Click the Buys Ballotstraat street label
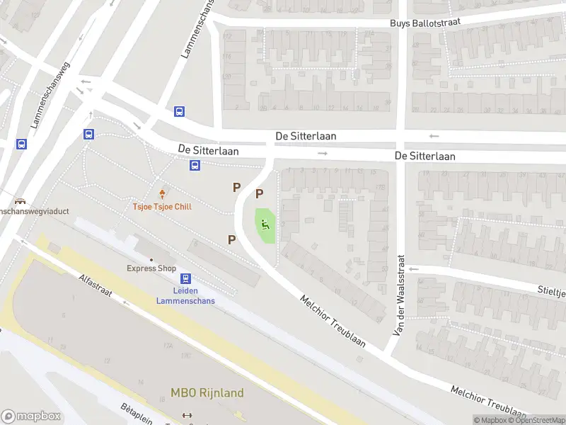(425, 23)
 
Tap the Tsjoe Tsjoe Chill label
(162, 207)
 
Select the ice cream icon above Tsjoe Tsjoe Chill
(163, 193)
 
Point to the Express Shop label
(151, 268)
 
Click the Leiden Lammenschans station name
(185, 295)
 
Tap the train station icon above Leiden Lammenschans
(185, 279)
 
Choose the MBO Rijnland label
(207, 393)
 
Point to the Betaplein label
(136, 413)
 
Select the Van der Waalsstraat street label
(399, 295)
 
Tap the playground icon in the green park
(265, 225)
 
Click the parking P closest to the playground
(259, 193)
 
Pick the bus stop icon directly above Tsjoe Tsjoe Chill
(195, 166)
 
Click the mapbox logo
(31, 416)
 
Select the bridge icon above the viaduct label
(22, 200)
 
